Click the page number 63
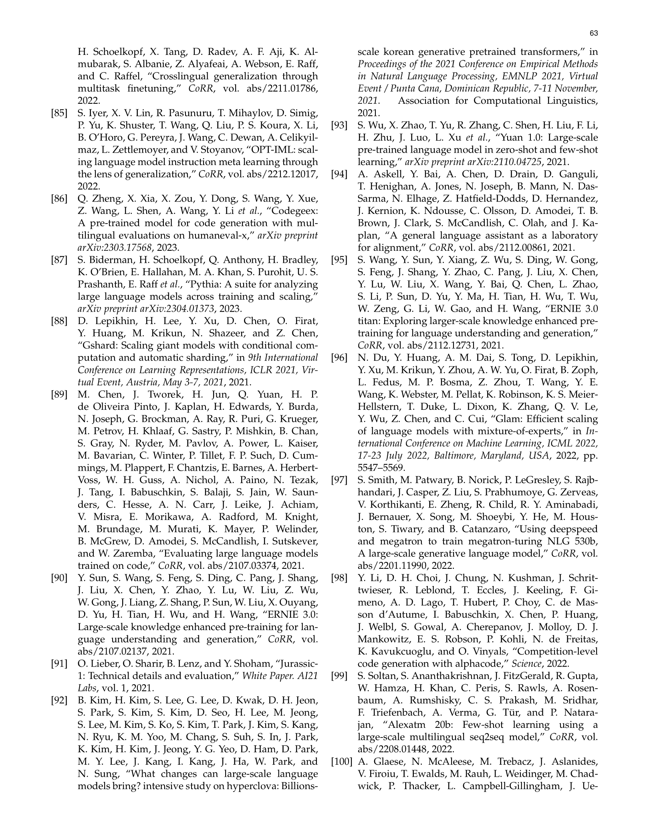pyautogui.click(x=593, y=33)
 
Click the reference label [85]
pyautogui.click(x=59, y=113)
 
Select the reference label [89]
pyautogui.click(x=59, y=395)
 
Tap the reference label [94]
pyautogui.click(x=339, y=174)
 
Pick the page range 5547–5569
pyautogui.click(x=381, y=468)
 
